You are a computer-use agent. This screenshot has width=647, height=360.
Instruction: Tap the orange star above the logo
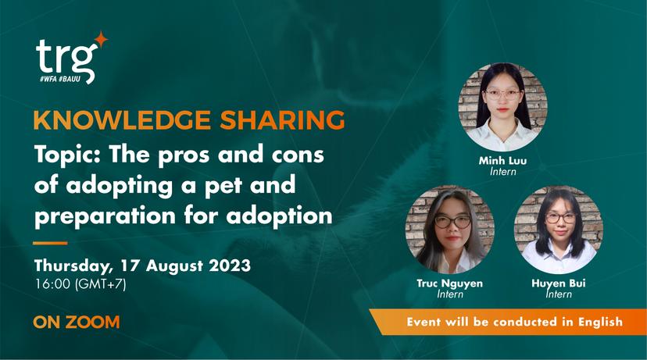101,39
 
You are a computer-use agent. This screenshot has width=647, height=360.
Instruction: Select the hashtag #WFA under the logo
48,78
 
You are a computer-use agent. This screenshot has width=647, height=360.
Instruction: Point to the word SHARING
282,120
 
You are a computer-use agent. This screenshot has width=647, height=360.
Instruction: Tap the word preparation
105,216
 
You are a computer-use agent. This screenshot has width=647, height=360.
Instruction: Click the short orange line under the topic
50,243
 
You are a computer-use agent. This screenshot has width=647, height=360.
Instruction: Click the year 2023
230,266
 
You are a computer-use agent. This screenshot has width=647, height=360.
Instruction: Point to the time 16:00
53,284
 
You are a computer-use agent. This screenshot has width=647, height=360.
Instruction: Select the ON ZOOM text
77,322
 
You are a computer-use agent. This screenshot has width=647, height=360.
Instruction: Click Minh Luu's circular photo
503,107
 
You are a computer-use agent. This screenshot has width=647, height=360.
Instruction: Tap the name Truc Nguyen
449,283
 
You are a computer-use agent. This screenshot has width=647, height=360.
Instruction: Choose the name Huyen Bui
558,283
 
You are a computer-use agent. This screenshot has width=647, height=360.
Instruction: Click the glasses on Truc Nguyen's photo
452,222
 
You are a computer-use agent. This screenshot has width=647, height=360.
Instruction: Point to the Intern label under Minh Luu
503,171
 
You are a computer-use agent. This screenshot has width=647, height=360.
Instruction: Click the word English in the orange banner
600,322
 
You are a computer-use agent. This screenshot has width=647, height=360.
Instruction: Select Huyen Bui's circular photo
559,230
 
